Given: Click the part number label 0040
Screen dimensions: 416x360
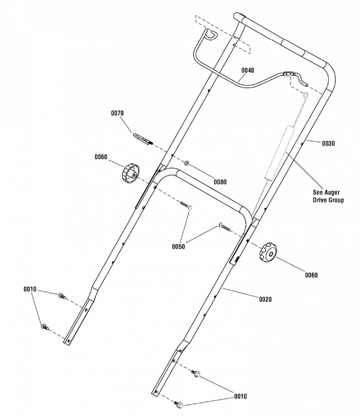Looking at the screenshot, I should pos(248,70).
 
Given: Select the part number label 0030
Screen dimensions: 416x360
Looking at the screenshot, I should pos(328,144).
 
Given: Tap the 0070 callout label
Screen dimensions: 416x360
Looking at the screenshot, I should pos(118,113).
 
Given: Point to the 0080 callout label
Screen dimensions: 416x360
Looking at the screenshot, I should pos(220,182).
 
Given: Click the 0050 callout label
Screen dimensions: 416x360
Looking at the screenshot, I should pos(178,247).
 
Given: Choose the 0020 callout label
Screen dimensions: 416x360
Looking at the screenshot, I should pos(265,299).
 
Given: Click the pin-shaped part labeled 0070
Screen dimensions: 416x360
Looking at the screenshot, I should pos(143,138).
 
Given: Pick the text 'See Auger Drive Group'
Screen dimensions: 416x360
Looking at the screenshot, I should pos(328,196).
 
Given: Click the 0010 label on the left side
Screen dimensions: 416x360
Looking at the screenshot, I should pos(30,289).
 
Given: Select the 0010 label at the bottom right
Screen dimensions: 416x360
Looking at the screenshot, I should pos(240,396).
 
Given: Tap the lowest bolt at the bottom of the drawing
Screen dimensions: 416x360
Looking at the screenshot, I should pos(178,405).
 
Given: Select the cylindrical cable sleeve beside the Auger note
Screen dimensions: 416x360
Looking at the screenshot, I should pos(278,152).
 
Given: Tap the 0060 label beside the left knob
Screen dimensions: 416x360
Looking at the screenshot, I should pos(101,157).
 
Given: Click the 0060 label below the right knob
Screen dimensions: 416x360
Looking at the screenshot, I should pos(311,275).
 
